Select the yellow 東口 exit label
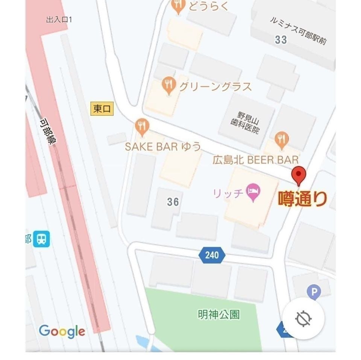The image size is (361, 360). pyautogui.click(x=102, y=109)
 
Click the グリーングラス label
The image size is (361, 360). pyautogui.click(x=215, y=87)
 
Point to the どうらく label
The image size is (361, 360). pyautogui.click(x=208, y=6)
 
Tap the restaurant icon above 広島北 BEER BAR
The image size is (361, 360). pyautogui.click(x=281, y=139)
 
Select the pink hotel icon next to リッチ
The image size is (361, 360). pyautogui.click(x=253, y=192)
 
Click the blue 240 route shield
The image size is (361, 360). pyautogui.click(x=212, y=255)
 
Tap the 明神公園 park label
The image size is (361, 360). pyautogui.click(x=218, y=314)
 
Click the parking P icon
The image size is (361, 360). pyautogui.click(x=314, y=292)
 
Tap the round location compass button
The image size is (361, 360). pyautogui.click(x=303, y=318)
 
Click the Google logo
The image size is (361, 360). pyautogui.click(x=62, y=331)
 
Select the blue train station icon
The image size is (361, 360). pyautogui.click(x=41, y=239)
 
